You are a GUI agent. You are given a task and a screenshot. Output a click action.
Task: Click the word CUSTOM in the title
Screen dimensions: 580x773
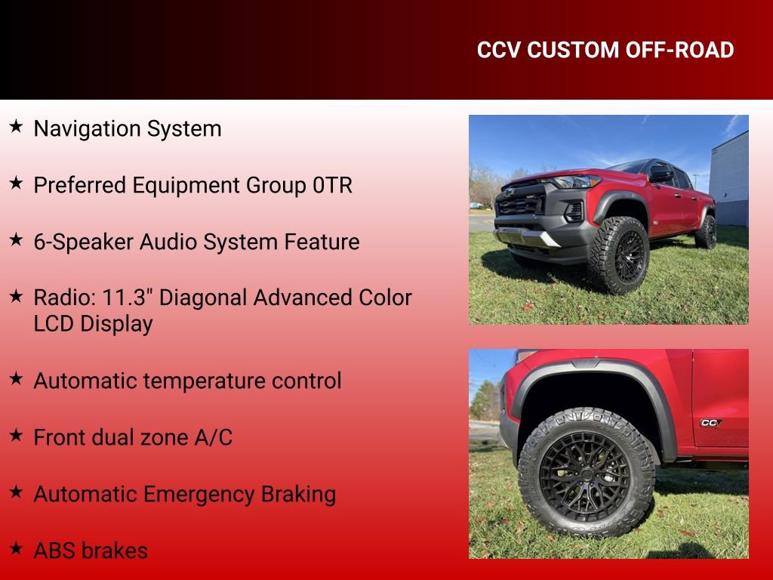[x=573, y=51]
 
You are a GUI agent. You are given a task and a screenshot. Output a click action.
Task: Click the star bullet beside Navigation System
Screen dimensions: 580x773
[x=16, y=126]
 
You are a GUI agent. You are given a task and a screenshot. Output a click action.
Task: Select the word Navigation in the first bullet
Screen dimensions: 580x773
[x=88, y=129]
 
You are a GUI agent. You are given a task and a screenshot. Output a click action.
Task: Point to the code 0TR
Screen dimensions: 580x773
[x=332, y=186]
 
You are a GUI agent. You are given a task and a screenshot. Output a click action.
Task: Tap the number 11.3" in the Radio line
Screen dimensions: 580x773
[x=128, y=298]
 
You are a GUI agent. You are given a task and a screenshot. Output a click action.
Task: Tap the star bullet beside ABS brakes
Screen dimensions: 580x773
[x=16, y=548]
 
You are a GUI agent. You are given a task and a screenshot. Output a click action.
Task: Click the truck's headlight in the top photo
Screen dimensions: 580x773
[x=577, y=182]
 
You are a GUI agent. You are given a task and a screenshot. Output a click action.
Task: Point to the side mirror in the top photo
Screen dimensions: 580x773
[x=660, y=175]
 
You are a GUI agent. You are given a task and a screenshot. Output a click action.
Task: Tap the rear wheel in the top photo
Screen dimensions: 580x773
[x=707, y=232]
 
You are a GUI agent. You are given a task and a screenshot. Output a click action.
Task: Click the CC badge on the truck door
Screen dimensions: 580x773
[x=710, y=423]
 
